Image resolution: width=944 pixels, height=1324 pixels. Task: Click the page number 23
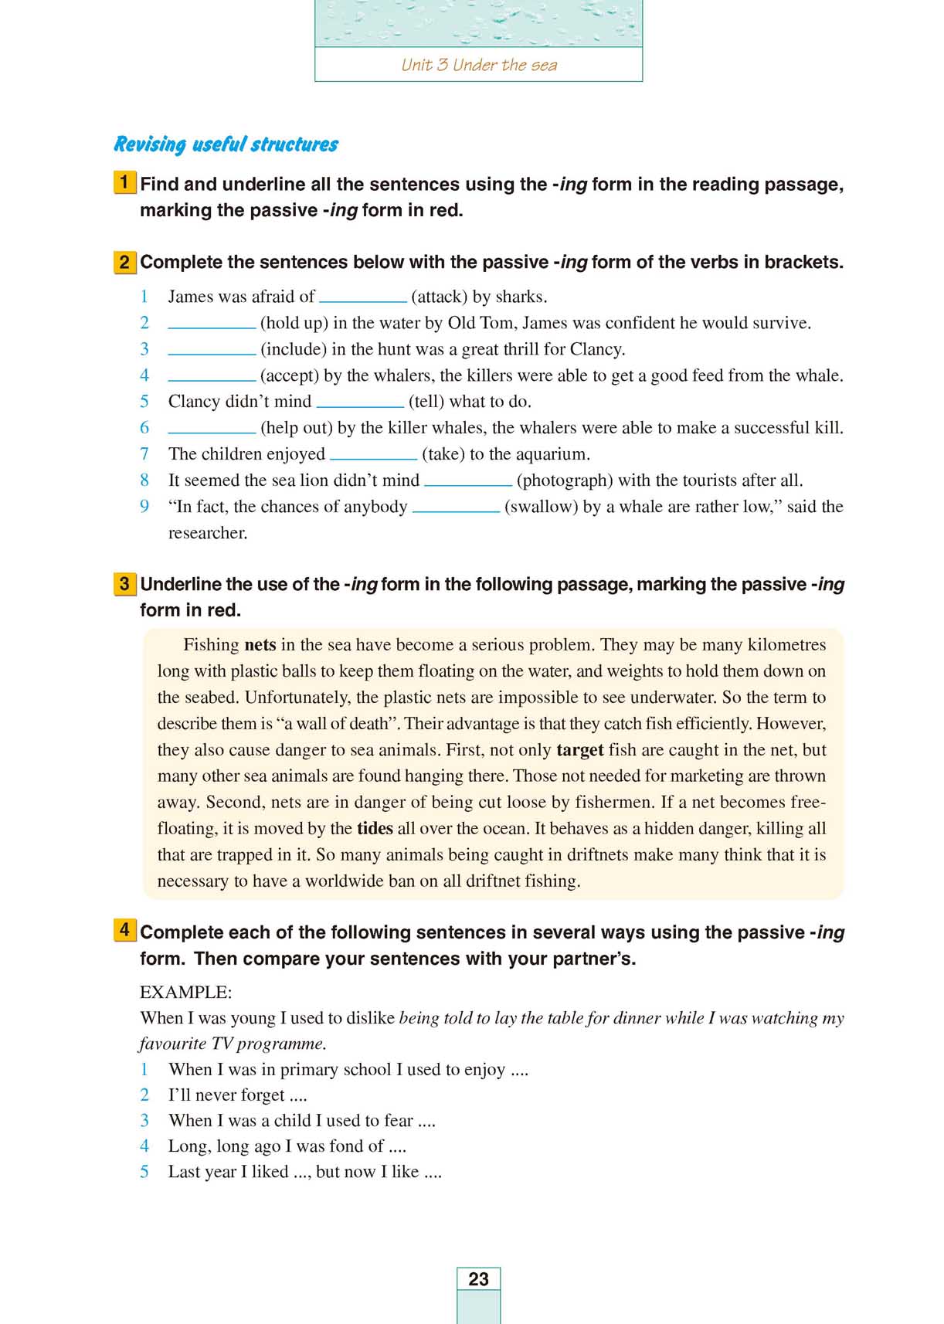point(478,1279)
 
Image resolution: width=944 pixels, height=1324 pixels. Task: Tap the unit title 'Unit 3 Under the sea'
point(478,65)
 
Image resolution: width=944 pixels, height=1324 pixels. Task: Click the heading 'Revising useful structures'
point(226,144)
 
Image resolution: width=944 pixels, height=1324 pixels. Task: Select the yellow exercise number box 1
point(124,183)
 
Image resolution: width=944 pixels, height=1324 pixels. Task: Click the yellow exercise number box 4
point(124,930)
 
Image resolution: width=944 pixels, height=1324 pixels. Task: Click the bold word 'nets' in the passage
point(260,645)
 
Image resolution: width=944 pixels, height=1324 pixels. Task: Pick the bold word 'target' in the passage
point(579,750)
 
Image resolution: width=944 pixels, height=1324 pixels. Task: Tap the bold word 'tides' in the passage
point(375,829)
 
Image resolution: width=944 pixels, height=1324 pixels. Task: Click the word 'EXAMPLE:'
point(185,993)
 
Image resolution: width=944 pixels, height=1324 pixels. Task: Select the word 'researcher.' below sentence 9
point(208,533)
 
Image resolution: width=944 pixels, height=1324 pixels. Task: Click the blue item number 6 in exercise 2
point(144,428)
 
